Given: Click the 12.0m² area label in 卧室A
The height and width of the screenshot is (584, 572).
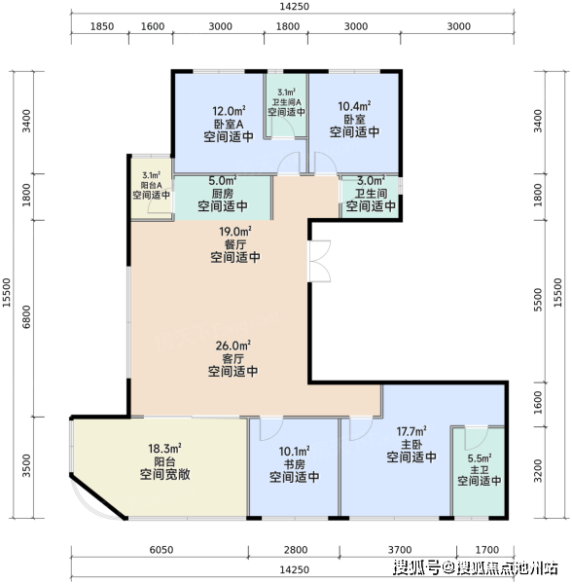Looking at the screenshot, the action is tap(229, 111).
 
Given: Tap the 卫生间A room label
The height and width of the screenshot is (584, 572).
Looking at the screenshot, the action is tap(287, 102).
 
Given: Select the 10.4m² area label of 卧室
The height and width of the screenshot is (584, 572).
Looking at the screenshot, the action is tap(354, 106).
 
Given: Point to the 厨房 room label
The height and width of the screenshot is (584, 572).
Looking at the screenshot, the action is tap(223, 194).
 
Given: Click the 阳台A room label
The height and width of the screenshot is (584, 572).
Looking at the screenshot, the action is tap(152, 185).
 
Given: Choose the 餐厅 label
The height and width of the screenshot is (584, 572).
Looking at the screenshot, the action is tap(235, 244).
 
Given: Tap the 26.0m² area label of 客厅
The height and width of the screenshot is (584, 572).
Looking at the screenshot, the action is tap(232, 346).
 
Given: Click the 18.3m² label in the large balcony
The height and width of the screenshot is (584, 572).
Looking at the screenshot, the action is tap(164, 449).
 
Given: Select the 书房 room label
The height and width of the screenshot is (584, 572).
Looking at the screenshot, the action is tap(295, 464).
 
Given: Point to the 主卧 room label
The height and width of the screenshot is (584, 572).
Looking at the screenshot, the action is tap(411, 445).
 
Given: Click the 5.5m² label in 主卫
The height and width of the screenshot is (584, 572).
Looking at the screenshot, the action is tap(480, 458).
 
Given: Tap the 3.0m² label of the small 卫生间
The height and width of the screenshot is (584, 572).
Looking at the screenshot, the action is tap(371, 181).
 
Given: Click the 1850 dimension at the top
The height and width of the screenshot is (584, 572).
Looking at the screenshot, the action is tap(102, 26).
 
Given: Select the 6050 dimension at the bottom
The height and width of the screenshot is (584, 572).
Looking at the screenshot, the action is tap(161, 550).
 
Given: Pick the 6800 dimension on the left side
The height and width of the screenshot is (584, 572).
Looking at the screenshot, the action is tap(26, 316).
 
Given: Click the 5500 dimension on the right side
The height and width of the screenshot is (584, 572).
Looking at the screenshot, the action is tap(538, 300).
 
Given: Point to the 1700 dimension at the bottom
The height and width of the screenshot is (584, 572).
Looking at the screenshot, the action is tap(487, 550).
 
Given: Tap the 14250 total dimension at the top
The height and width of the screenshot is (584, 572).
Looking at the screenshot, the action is tap(294, 7).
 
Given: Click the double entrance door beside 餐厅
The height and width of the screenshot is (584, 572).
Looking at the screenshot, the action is tap(319, 261).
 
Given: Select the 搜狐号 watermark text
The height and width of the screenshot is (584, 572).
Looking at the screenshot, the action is tap(417, 567).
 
